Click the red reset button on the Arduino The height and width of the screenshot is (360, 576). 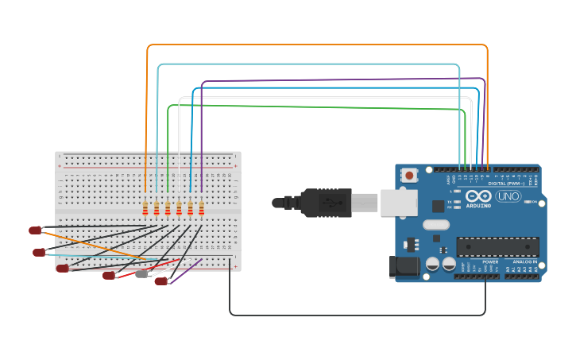[409, 175]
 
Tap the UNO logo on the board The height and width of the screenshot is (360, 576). [508, 196]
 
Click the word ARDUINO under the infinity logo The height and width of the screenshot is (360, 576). [478, 205]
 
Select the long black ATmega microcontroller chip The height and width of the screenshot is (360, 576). [497, 246]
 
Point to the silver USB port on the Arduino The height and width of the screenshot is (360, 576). [398, 203]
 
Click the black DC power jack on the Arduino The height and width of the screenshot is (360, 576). [404, 268]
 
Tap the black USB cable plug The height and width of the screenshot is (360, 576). [326, 203]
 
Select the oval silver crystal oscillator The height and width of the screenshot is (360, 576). [436, 225]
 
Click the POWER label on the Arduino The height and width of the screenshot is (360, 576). [491, 261]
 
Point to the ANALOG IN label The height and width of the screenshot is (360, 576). [524, 261]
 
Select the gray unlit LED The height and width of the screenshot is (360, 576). [141, 274]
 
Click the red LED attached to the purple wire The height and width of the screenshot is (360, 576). [160, 281]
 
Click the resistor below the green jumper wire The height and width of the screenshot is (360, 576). [168, 208]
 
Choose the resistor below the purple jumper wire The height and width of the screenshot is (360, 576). [201, 208]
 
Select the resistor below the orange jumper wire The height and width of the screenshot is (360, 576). [145, 208]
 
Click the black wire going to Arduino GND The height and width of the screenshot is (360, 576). [358, 315]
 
